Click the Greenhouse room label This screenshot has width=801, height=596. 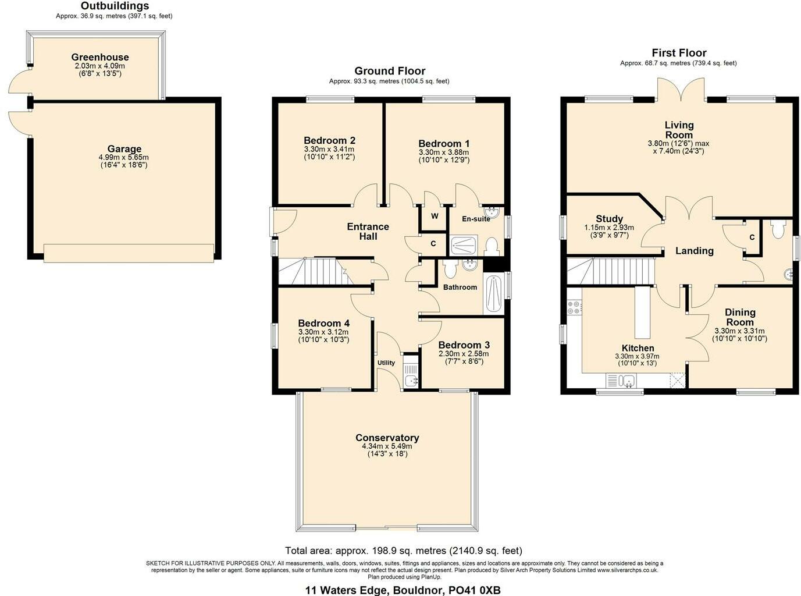pos(100,57)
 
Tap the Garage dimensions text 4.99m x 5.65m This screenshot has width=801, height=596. pos(124,157)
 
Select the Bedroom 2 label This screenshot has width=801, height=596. pos(329,140)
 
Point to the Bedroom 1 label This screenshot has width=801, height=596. pos(444,144)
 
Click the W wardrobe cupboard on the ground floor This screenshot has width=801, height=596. pos(434,216)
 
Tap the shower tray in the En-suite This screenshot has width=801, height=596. pos(465,245)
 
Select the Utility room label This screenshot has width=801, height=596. pos(386,363)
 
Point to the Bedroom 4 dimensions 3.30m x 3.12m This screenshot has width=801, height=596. pos(323,332)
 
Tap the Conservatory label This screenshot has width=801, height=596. pos(387,438)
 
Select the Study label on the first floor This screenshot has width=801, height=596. pos(609,219)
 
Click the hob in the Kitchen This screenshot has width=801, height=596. pos(574,307)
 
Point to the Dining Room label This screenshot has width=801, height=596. pos(739,317)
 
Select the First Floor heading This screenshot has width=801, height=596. pos(679,53)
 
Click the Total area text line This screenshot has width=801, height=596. pos(403,550)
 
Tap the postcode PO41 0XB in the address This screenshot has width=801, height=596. pos(474,590)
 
